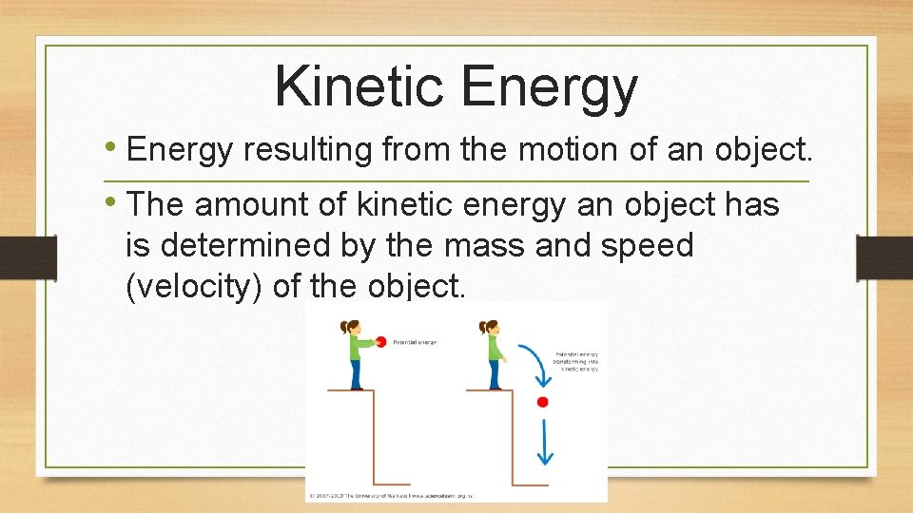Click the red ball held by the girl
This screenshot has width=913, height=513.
[x=381, y=342]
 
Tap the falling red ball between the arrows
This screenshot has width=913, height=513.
[x=543, y=402]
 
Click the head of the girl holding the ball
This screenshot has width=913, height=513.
[x=350, y=327]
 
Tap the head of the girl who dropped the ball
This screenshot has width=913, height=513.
[x=490, y=327]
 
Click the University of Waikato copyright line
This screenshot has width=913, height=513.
[x=390, y=495]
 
